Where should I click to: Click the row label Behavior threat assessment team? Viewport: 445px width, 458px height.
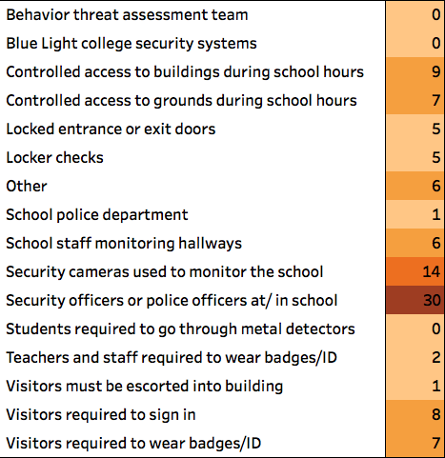tap(127, 15)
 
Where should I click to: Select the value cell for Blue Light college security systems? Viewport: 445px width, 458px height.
tap(415, 43)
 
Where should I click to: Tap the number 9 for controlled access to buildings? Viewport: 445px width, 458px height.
tap(436, 72)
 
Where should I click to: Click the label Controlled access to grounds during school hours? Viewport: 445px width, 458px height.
tap(181, 101)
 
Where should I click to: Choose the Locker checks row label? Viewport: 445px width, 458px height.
tap(54, 158)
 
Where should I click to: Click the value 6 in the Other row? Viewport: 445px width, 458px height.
tap(436, 186)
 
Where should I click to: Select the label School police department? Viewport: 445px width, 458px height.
tap(97, 215)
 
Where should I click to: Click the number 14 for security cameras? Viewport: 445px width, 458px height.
tap(432, 271)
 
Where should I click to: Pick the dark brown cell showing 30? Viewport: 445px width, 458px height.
tap(415, 300)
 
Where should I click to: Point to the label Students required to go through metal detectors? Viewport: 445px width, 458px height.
tap(180, 329)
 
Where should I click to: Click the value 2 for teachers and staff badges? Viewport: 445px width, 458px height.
tap(436, 357)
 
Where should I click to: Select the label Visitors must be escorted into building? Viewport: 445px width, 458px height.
tap(145, 387)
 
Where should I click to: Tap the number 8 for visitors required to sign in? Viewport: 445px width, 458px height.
tap(436, 414)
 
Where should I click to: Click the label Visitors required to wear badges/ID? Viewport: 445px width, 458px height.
tap(133, 444)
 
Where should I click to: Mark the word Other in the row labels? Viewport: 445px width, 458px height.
tap(27, 187)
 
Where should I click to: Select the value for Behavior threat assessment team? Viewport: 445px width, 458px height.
tap(415, 14)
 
